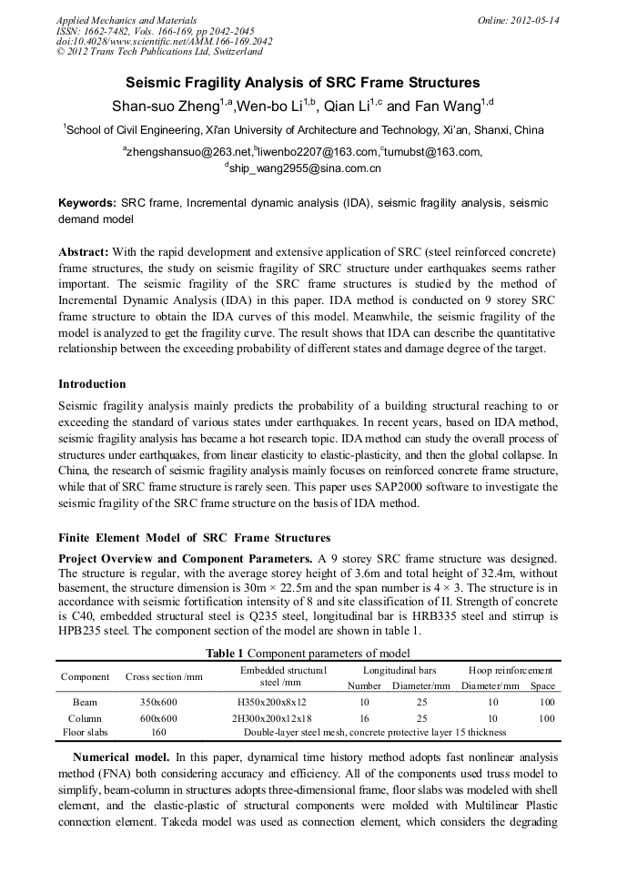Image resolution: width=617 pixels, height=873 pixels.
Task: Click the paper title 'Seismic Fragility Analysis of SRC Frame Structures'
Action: pos(308,81)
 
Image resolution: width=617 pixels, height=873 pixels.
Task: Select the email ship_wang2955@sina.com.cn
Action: pos(305,168)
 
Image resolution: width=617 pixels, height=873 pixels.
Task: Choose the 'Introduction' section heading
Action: pos(92,384)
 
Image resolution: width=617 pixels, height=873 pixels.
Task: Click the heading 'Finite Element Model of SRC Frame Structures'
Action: pos(194,538)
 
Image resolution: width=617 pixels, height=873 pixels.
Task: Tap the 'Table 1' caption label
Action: pos(225,653)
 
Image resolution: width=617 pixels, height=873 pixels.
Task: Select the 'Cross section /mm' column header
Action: pos(164,676)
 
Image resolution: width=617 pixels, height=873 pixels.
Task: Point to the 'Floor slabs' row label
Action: pos(86,732)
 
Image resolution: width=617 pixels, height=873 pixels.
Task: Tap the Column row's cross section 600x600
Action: pos(158,718)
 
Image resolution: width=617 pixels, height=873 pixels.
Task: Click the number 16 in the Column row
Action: pos(365,718)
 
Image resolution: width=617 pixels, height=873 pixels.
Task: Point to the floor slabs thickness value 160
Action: pos(158,732)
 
